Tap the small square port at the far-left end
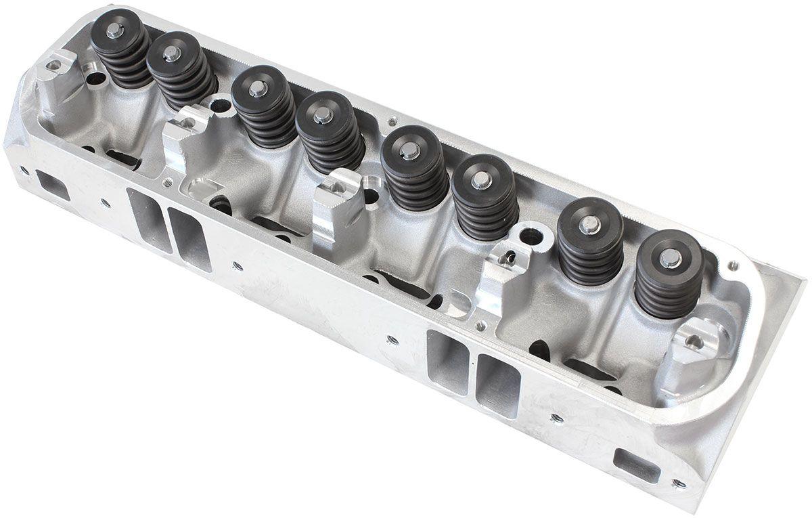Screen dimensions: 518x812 coord(53,184)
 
